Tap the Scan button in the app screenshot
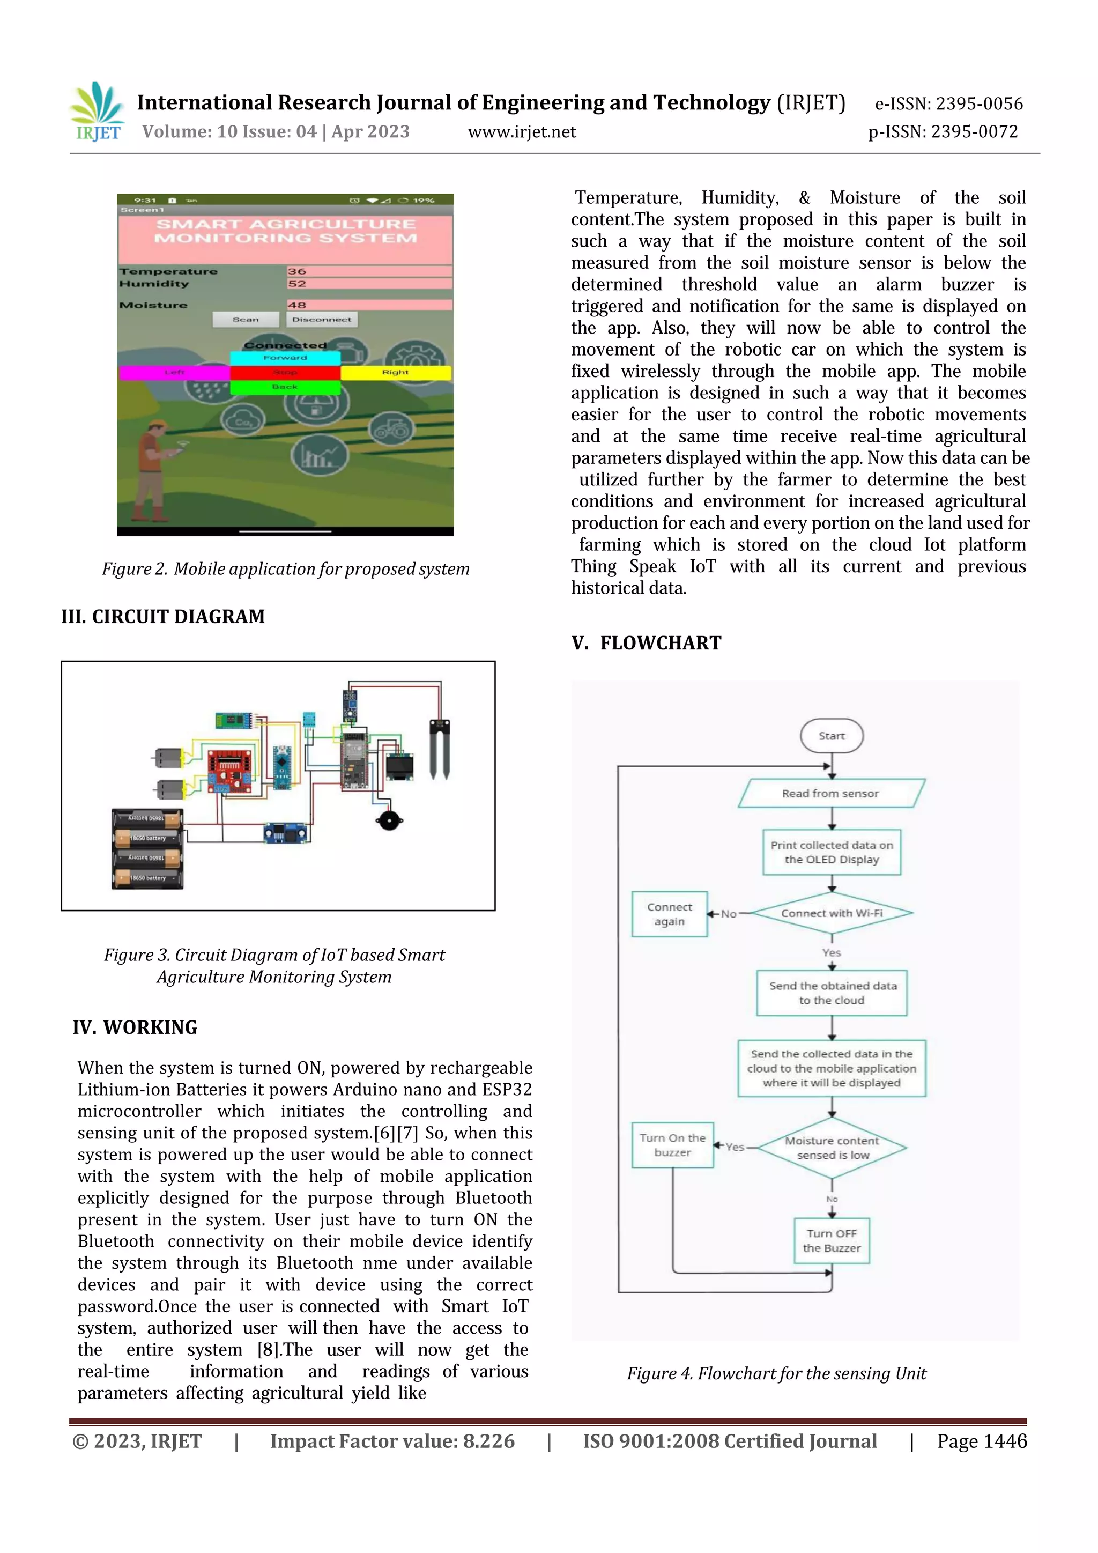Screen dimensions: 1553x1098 point(246,319)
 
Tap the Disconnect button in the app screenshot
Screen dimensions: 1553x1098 point(322,319)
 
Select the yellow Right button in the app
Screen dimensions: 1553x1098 point(396,372)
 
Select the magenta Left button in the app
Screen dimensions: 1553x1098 point(174,372)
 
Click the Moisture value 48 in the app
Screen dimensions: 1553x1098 point(298,305)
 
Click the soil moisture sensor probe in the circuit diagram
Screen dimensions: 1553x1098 point(440,749)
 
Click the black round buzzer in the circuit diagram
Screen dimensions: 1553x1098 point(389,820)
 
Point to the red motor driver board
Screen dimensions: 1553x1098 point(228,771)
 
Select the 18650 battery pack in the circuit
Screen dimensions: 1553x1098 point(147,848)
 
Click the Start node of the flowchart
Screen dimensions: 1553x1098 point(832,736)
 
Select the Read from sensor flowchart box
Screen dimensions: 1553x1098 point(831,794)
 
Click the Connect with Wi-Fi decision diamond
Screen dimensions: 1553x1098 point(832,913)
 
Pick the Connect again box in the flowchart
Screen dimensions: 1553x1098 point(669,914)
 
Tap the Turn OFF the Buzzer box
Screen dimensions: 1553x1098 point(832,1240)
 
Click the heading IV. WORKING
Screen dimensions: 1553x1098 point(135,1027)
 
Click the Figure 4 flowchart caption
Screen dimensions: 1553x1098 point(776,1374)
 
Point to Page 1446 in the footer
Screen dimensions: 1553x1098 point(982,1441)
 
